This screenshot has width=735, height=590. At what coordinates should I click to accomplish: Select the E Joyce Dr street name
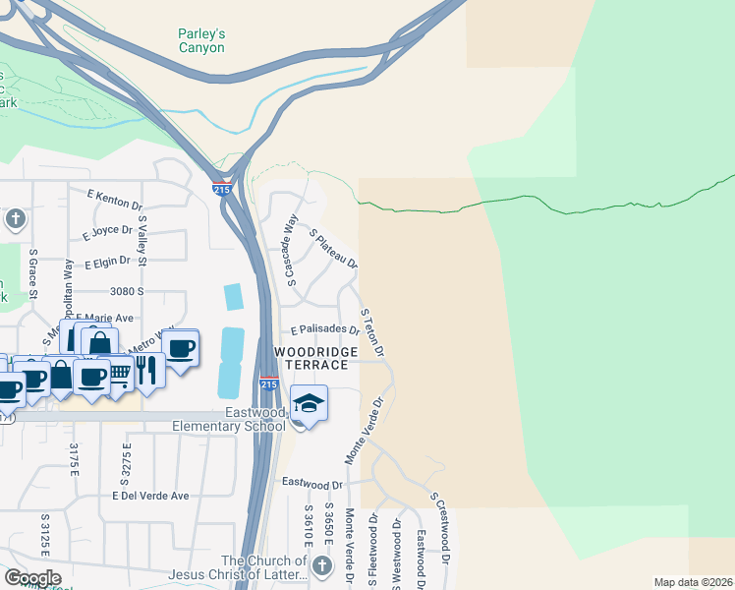(108, 232)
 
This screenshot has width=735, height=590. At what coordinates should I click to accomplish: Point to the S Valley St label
(142, 242)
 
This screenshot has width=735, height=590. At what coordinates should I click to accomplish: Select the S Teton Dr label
(371, 332)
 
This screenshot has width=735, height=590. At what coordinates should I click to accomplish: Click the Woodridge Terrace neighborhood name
(311, 358)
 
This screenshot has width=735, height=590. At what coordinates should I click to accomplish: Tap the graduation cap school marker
(309, 403)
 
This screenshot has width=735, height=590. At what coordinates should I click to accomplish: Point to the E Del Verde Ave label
(150, 496)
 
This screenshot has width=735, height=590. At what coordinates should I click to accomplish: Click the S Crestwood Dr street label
(439, 528)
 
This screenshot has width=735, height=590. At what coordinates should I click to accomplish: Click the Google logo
(32, 577)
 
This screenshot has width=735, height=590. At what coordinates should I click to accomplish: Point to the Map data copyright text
(692, 582)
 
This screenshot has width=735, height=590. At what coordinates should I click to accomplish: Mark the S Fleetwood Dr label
(373, 553)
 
